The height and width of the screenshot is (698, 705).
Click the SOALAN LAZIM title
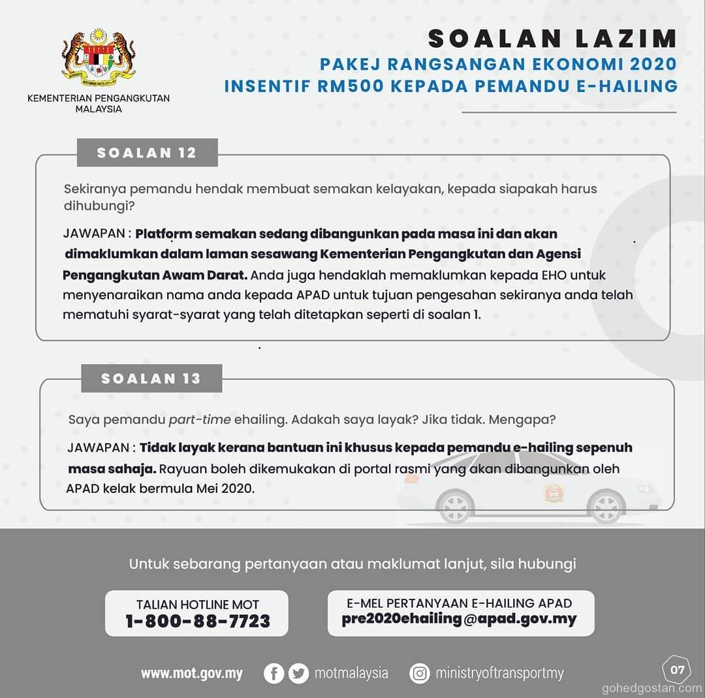point(552,39)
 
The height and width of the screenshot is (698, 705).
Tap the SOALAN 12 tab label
point(147,153)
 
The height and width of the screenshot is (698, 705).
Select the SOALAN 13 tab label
point(151,379)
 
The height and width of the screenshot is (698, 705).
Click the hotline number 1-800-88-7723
point(197,622)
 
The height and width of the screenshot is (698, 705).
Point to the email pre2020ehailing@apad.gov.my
point(460,619)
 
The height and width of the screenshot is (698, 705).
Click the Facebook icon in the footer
point(274,673)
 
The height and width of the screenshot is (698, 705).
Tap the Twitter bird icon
point(298,673)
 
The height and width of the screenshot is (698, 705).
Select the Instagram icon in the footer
point(419,673)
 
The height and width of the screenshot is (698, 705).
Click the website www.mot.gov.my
point(192,674)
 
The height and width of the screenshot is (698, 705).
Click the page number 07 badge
point(677,669)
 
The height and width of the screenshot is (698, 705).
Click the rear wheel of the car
point(455,507)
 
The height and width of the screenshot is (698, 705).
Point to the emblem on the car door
point(554,492)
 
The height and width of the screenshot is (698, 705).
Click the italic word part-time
point(200,420)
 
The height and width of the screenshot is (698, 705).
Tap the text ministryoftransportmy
point(499,673)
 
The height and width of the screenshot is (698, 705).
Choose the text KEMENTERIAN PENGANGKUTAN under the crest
point(99,99)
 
